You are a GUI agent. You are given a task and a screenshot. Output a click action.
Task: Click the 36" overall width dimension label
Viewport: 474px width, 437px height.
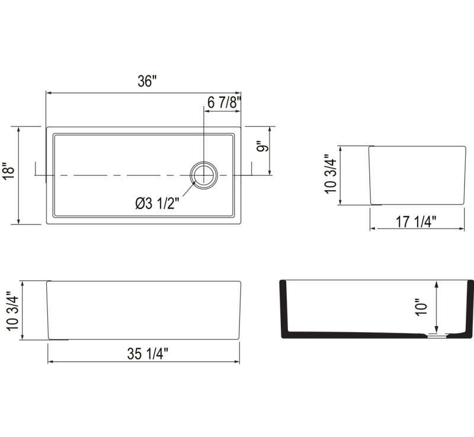pos(147,81)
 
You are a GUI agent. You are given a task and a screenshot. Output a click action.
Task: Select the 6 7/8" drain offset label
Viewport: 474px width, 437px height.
pos(224,102)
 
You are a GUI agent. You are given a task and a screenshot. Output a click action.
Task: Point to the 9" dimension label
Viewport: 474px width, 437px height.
pos(263,147)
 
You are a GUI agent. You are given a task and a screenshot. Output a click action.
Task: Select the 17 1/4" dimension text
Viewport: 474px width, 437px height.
pos(417,222)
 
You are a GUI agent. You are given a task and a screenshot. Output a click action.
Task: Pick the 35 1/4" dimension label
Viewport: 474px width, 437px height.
pos(148,354)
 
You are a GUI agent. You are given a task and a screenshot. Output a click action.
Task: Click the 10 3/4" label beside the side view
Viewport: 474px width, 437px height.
pos(330,173)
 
